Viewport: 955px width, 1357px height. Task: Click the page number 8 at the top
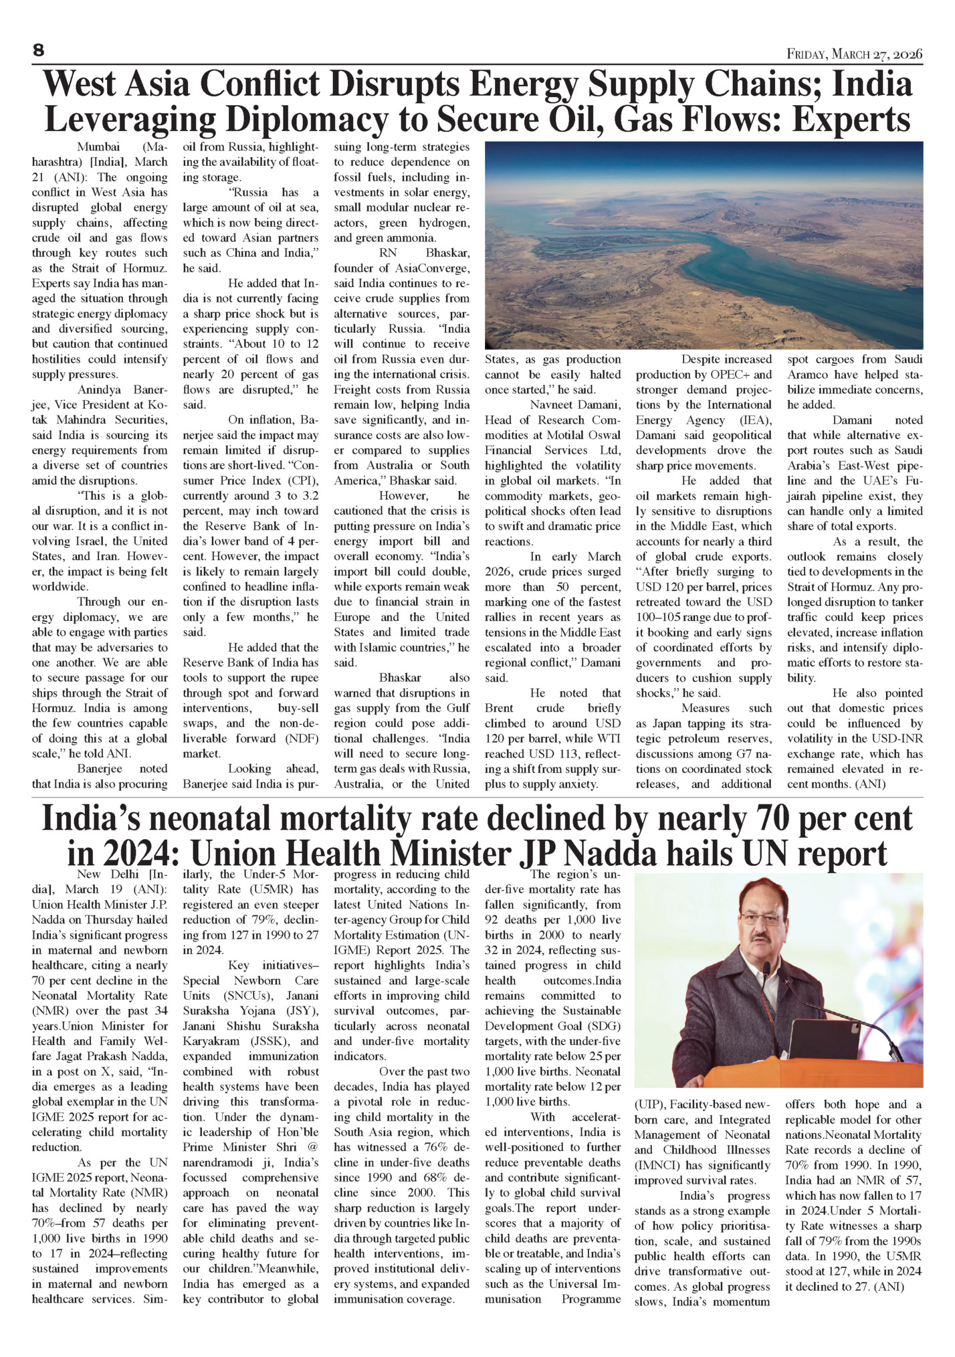point(38,51)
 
